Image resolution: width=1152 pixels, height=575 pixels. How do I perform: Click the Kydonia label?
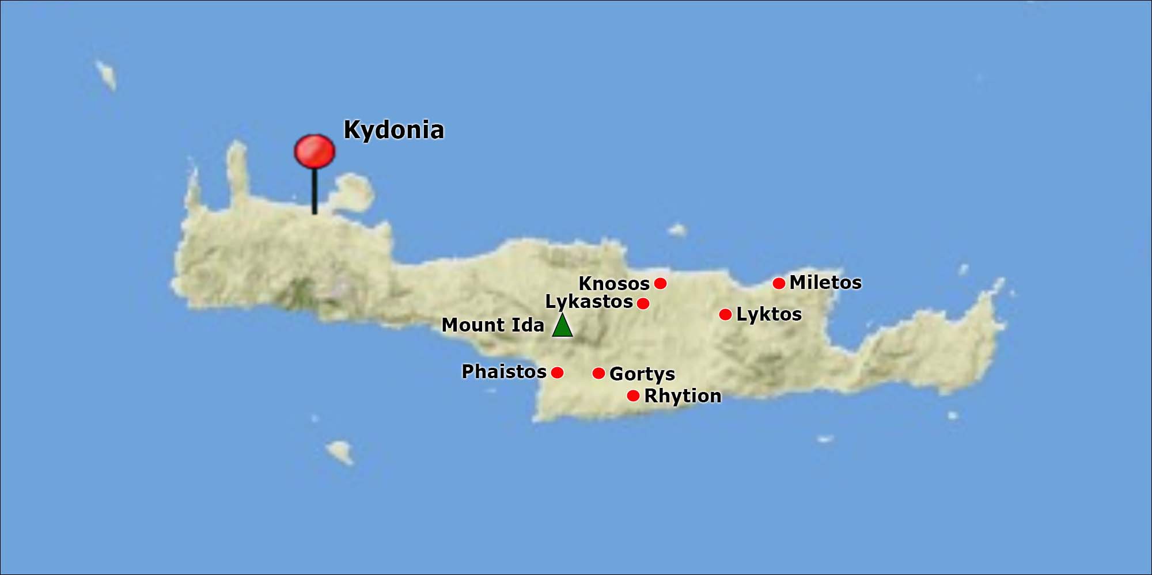pos(394,130)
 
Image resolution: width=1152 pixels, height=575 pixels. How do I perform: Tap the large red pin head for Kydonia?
pos(314,151)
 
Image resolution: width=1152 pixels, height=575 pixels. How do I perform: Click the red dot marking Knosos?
pos(661,283)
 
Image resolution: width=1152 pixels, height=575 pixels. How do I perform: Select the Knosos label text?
pos(614,284)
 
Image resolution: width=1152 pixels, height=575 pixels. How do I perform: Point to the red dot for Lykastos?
pos(643,303)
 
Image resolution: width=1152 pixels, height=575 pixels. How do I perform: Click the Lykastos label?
pos(589,302)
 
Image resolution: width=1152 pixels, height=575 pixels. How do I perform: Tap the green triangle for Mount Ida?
pos(562,326)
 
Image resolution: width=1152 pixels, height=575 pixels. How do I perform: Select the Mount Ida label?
pos(492,325)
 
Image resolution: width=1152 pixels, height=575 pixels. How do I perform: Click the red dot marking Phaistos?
pos(557,372)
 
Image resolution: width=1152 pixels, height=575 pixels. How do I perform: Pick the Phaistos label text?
pos(504,372)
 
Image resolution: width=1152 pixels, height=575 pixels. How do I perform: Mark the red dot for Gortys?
pos(598,374)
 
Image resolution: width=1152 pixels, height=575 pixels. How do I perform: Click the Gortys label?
pos(642,374)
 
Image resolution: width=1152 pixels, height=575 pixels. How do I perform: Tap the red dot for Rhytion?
pos(633,396)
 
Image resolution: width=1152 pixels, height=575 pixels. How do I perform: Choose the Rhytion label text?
pos(683,396)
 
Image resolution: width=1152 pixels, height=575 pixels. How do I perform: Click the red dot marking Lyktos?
pos(725,314)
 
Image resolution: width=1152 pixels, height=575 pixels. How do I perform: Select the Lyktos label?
pos(769,314)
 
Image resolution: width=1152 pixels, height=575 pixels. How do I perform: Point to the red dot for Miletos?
pos(779,283)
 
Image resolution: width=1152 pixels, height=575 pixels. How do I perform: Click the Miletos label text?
pos(825,283)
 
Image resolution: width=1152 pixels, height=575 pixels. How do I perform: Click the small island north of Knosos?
pos(677,230)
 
